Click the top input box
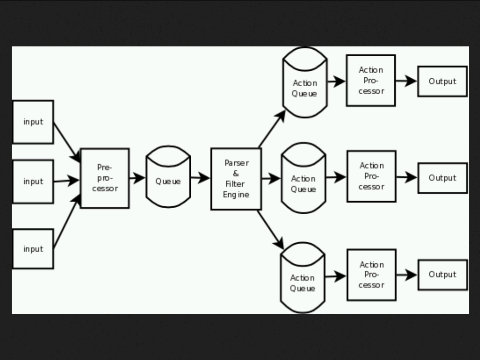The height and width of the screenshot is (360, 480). (x=33, y=122)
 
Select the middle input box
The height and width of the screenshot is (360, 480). (x=33, y=181)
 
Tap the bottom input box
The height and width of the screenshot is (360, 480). (x=33, y=249)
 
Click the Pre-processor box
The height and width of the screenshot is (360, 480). (x=105, y=178)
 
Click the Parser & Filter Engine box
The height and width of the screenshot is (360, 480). (x=236, y=179)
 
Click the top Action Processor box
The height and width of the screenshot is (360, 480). (x=371, y=81)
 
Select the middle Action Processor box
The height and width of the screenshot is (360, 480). (x=371, y=176)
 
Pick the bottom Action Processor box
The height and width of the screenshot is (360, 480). (x=371, y=275)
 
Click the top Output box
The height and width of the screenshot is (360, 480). (x=442, y=82)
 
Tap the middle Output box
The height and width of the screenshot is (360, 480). (x=442, y=178)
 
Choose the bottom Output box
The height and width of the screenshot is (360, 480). (x=442, y=275)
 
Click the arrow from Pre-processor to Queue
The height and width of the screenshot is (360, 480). (x=137, y=178)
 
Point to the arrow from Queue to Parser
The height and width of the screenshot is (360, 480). (x=201, y=178)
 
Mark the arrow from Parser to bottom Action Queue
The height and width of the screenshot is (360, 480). (x=271, y=230)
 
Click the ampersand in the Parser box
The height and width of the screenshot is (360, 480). (x=236, y=173)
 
